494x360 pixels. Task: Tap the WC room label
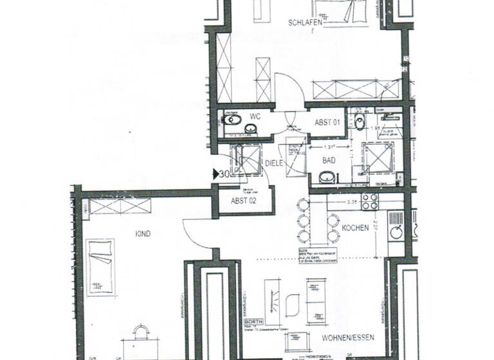click(255, 118)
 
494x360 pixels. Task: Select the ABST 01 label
click(327, 122)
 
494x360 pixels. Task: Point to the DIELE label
click(274, 164)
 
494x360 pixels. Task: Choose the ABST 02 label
click(243, 201)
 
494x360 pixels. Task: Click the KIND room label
click(143, 234)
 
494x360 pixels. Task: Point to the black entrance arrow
click(215, 174)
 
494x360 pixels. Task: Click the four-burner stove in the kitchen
click(370, 202)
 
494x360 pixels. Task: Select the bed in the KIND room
click(100, 267)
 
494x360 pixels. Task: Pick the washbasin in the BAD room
click(327, 177)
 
